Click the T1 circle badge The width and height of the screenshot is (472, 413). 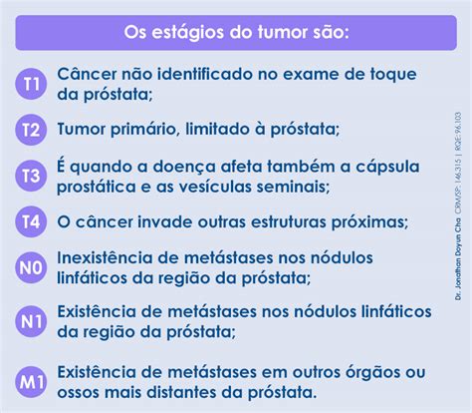click(31, 84)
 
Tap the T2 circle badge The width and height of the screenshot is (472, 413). click(31, 130)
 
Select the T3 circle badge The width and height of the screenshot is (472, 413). click(31, 176)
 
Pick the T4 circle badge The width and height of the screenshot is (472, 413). click(31, 221)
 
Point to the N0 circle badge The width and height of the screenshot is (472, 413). click(31, 267)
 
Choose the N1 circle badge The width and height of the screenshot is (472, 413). click(31, 321)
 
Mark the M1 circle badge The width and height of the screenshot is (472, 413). click(31, 382)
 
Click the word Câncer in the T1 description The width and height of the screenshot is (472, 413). click(87, 74)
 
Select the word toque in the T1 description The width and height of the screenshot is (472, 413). click(393, 75)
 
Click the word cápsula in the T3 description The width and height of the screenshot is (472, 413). click(387, 167)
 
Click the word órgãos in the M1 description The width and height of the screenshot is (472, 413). click(372, 373)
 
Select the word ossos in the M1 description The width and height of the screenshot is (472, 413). click(79, 393)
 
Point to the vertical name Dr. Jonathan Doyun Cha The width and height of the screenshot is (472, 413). click(458, 259)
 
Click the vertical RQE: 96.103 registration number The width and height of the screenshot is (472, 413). click(458, 128)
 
